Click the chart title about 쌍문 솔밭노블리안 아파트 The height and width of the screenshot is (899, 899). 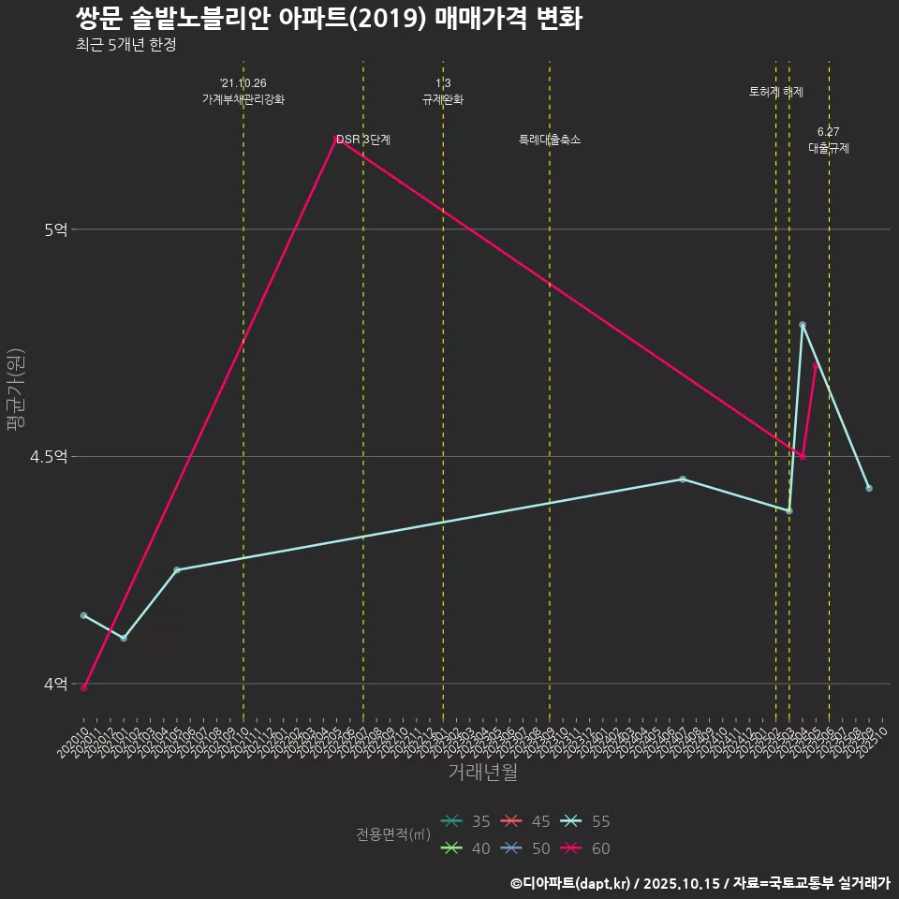point(329,19)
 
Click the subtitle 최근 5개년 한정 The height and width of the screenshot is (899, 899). point(126,44)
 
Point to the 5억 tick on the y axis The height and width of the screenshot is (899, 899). point(55,229)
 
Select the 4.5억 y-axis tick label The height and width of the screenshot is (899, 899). point(49,457)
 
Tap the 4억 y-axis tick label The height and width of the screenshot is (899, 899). point(55,685)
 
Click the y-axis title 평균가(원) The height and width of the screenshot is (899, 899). point(16,390)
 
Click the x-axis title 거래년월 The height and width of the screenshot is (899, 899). point(482,773)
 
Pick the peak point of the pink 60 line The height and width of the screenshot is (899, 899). point(336,139)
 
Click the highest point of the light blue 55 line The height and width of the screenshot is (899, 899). point(803,325)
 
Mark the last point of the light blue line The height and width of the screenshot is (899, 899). point(869,488)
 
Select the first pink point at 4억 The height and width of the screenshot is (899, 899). point(84,688)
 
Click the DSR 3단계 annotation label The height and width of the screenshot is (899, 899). point(363,140)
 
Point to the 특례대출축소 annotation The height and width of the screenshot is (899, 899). point(550,140)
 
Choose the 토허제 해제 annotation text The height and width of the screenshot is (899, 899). point(776,92)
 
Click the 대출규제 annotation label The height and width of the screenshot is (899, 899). point(829,148)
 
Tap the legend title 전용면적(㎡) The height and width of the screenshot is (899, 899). point(393,834)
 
